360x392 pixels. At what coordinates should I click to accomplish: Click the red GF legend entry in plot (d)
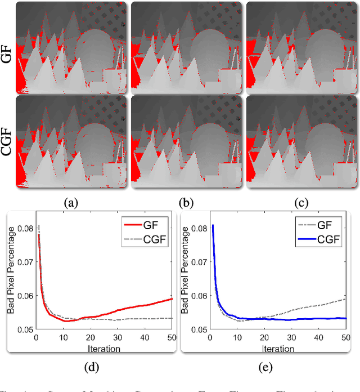coord(148,224)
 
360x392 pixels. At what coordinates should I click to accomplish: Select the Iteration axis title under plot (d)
coord(103,348)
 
